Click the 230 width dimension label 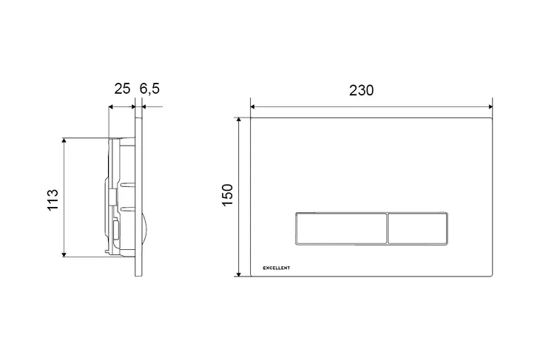(361, 90)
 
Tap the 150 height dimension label (228, 195)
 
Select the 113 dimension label (53, 200)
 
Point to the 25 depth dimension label (122, 89)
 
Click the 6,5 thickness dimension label (150, 89)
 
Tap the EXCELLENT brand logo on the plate (277, 268)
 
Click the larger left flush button (341, 229)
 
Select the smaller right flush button (417, 229)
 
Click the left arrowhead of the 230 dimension (253, 106)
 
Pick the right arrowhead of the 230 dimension (490, 106)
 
